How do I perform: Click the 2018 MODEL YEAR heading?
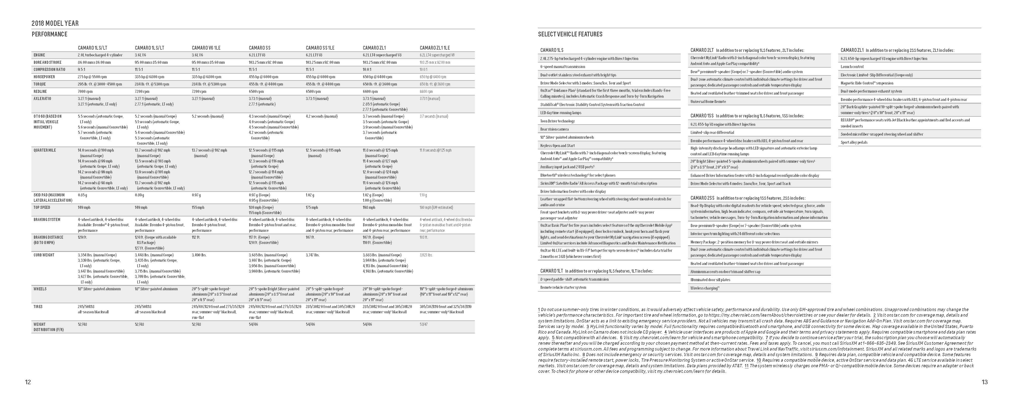(x=55, y=24)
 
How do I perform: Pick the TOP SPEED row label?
(x=42, y=208)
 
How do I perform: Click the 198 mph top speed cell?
(x=369, y=208)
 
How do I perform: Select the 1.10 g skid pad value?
(x=423, y=195)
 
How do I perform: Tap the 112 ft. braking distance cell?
(x=196, y=237)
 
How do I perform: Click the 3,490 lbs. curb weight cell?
(x=199, y=255)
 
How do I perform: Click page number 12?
(x=28, y=382)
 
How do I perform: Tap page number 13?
(x=984, y=382)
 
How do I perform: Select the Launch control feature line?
(x=852, y=67)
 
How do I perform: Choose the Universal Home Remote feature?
(x=708, y=102)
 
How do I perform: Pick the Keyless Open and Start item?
(x=557, y=146)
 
